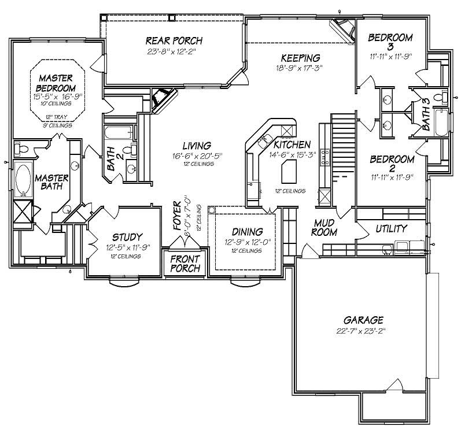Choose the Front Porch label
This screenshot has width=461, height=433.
click(185, 264)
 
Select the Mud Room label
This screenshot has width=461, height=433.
click(324, 227)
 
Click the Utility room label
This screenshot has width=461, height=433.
click(391, 228)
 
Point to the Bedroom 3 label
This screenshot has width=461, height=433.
click(390, 42)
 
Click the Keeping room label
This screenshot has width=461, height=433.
click(301, 58)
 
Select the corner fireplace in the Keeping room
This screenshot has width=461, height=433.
click(344, 29)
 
